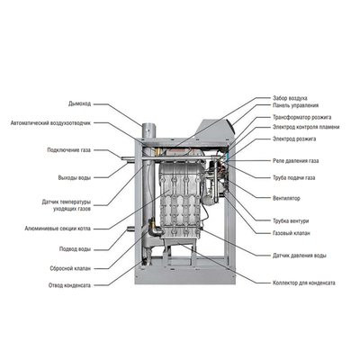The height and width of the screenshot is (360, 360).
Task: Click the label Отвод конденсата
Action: point(70,287)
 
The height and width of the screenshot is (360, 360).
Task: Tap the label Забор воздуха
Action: point(291,97)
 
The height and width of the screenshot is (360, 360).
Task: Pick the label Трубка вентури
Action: point(293,220)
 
